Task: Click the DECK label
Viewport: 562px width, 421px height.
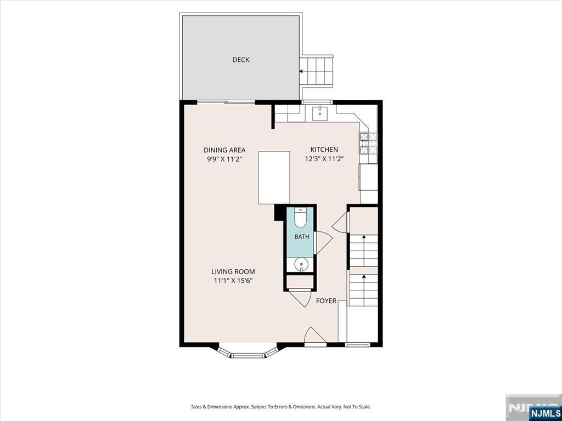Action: coord(240,60)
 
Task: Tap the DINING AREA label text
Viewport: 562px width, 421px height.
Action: coord(224,150)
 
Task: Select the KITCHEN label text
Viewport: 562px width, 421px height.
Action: coord(324,150)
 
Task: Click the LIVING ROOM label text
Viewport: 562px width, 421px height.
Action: coord(233,272)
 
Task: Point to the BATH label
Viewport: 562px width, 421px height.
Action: coord(301,237)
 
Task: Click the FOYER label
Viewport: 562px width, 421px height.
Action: coord(326,301)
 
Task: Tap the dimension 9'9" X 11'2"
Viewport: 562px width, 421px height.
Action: coord(224,160)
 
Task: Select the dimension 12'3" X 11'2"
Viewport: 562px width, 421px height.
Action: coord(324,159)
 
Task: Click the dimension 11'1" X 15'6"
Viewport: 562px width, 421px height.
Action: coord(233,281)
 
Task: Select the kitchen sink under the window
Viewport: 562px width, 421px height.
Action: coord(320,113)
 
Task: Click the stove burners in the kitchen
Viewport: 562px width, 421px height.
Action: coord(368,143)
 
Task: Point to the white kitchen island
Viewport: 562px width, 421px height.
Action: coord(274,178)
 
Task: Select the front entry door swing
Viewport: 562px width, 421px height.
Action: coord(315,335)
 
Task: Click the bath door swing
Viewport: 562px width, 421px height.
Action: coord(324,243)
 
